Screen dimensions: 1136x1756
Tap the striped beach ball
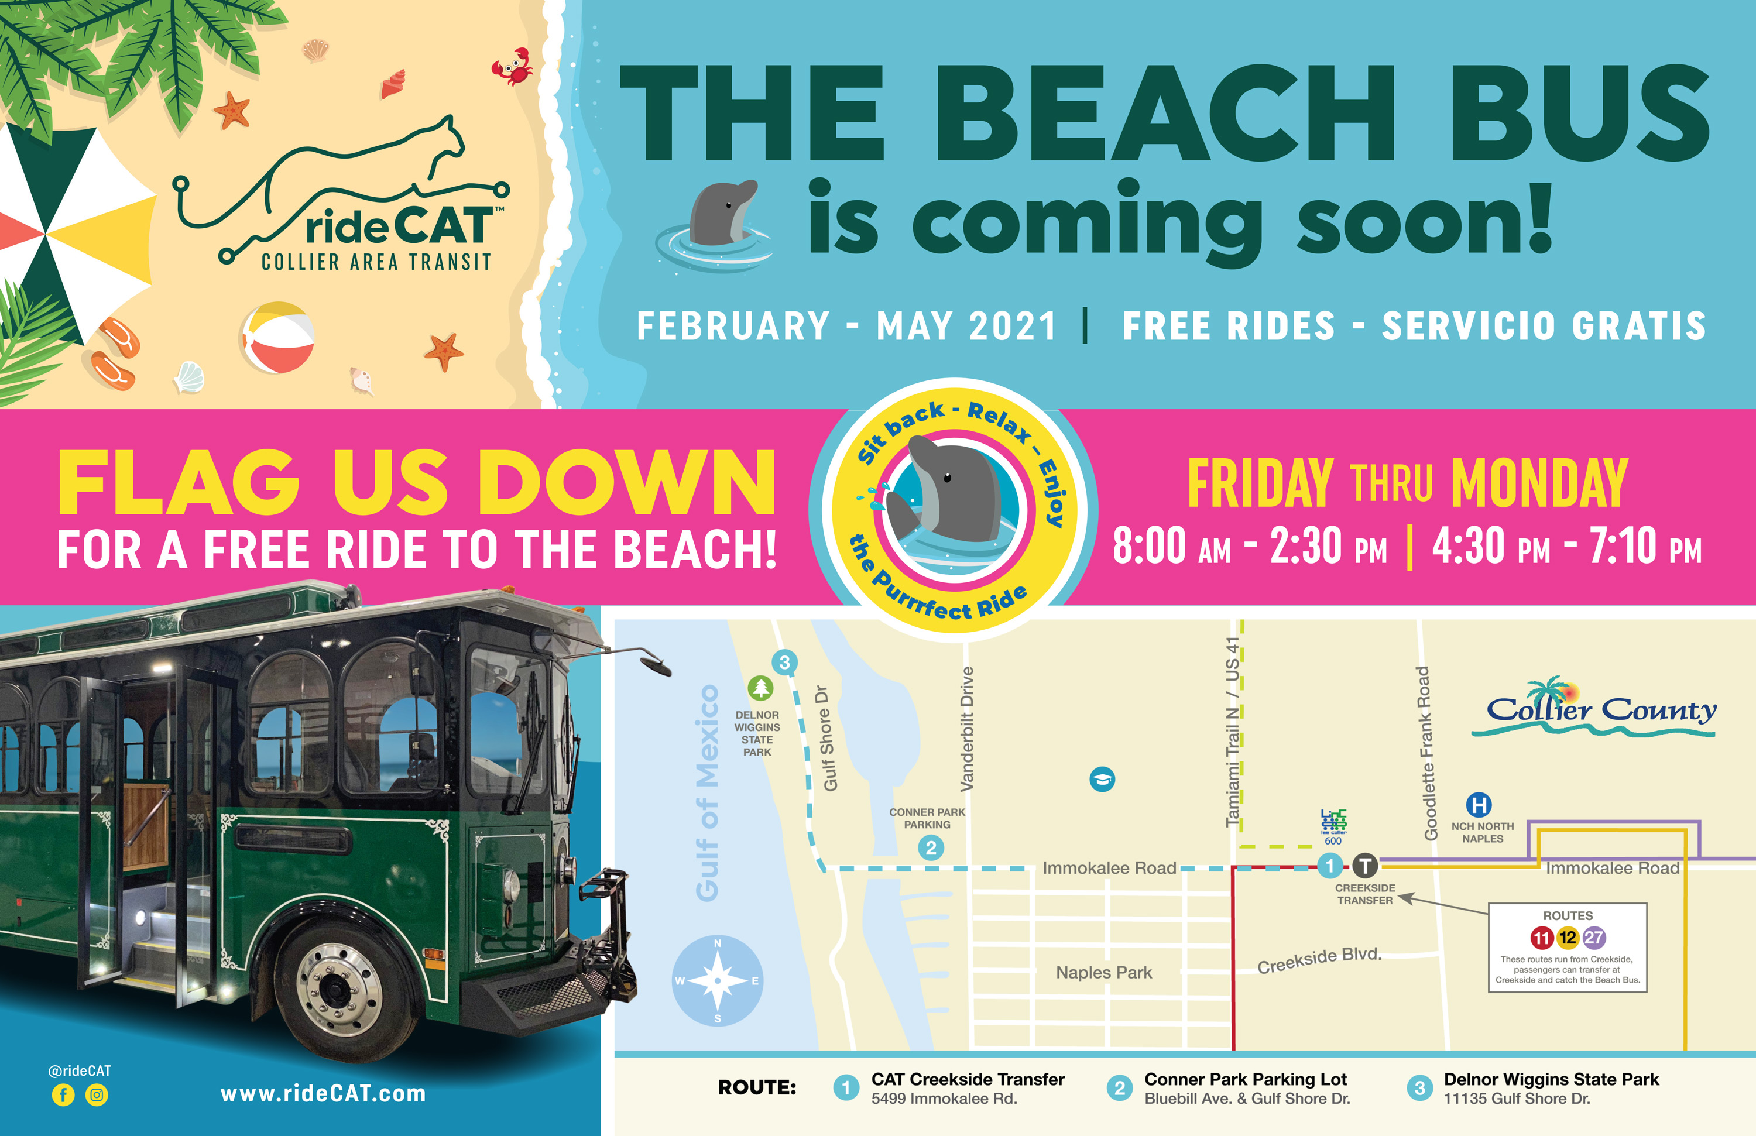pyautogui.click(x=278, y=338)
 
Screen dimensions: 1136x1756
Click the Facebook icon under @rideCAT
pyautogui.click(x=63, y=1094)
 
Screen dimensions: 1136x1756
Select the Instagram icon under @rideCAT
pyautogui.click(x=97, y=1094)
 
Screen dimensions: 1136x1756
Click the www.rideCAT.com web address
pyautogui.click(x=323, y=1093)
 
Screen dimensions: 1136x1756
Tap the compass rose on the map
pyautogui.click(x=717, y=980)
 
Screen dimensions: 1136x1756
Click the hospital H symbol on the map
pyautogui.click(x=1478, y=804)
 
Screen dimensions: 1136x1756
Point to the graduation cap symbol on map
pyautogui.click(x=1102, y=779)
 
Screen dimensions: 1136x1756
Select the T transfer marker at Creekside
pyautogui.click(x=1365, y=864)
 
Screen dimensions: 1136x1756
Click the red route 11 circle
pyautogui.click(x=1541, y=938)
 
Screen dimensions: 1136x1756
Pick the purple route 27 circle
pyautogui.click(x=1594, y=938)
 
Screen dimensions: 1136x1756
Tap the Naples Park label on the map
pyautogui.click(x=1104, y=972)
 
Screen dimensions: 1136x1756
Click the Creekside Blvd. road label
pyautogui.click(x=1319, y=960)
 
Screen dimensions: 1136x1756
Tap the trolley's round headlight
pyautogui.click(x=510, y=883)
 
